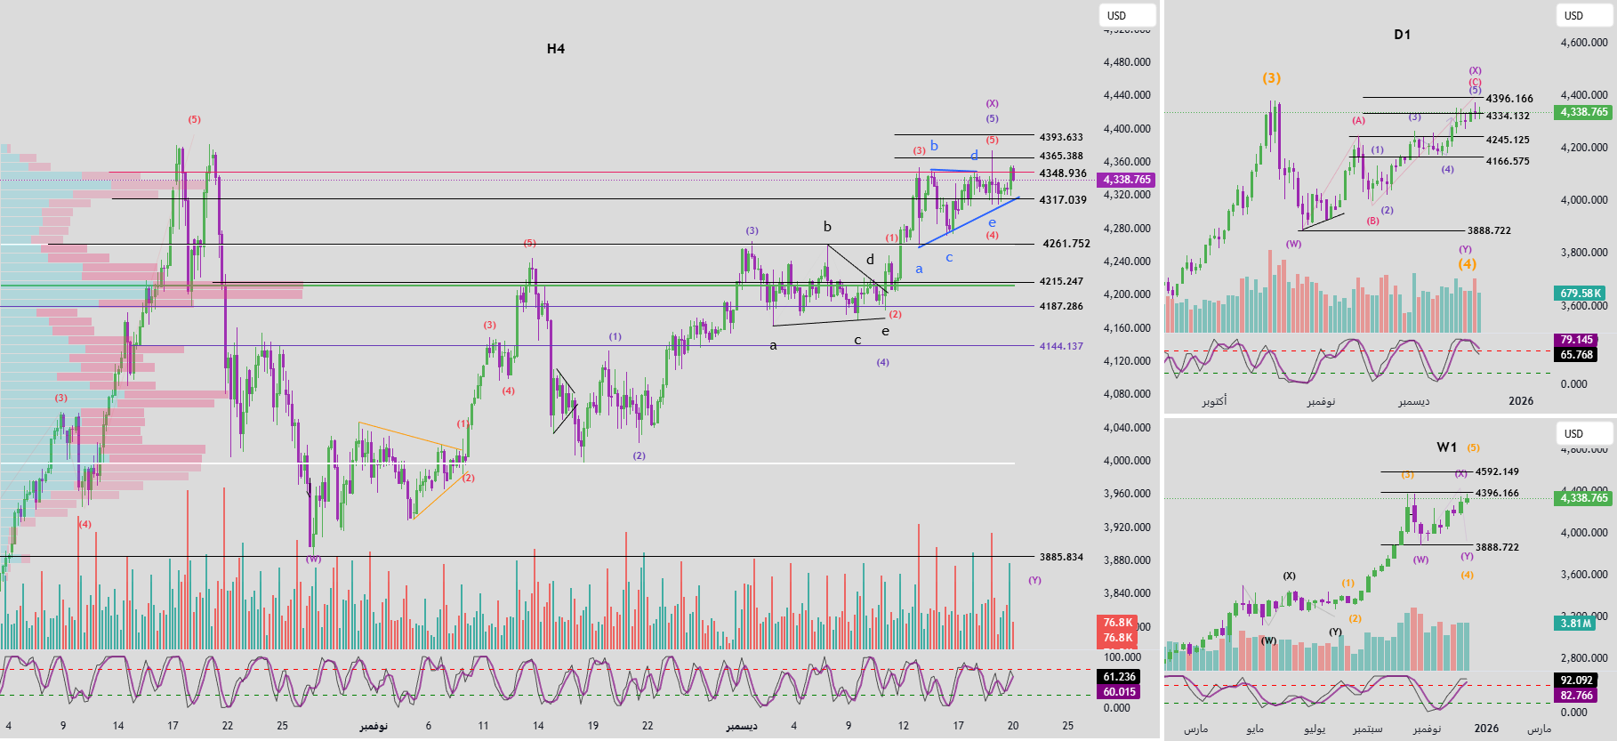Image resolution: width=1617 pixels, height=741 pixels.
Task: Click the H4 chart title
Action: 555,49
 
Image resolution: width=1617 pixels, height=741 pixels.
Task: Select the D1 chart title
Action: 1402,35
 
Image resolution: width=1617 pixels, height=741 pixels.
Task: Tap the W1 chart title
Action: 1446,447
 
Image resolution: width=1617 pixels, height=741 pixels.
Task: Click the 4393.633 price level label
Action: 1061,137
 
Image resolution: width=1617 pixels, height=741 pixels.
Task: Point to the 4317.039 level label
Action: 1063,200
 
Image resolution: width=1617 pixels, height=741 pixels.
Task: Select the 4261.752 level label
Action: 1066,244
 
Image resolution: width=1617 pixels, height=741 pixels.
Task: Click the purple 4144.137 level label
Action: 1061,346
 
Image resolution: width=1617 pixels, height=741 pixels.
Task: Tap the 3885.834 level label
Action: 1061,557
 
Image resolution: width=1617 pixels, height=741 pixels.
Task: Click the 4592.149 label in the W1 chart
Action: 1497,471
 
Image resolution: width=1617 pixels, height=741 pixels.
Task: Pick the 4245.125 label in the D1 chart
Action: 1508,140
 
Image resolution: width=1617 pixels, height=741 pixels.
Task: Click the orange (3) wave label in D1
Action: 1271,78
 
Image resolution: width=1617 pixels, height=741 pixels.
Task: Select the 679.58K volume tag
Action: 1581,294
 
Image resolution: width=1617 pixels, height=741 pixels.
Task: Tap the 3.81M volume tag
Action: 1575,624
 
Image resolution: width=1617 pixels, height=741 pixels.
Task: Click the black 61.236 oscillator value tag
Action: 1120,677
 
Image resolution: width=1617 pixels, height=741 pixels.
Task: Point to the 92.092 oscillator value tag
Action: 1576,681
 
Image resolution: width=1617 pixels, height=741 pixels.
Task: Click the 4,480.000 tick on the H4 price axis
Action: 1126,62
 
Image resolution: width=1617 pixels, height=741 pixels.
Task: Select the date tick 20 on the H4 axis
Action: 1012,726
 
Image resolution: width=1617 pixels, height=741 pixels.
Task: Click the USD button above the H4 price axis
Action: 1127,15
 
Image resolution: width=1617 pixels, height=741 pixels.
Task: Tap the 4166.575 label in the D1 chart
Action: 1508,162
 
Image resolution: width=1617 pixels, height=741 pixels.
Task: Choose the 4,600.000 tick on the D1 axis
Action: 1584,43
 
